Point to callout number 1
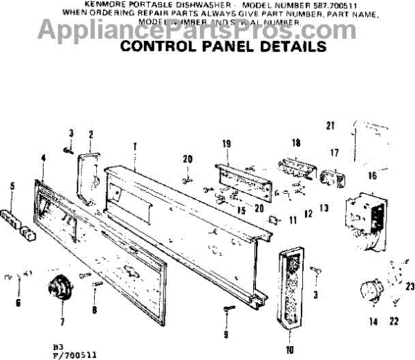[134, 146]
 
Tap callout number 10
[288, 348]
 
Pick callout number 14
[373, 321]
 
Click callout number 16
[372, 176]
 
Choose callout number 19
[225, 143]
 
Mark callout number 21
[330, 125]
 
